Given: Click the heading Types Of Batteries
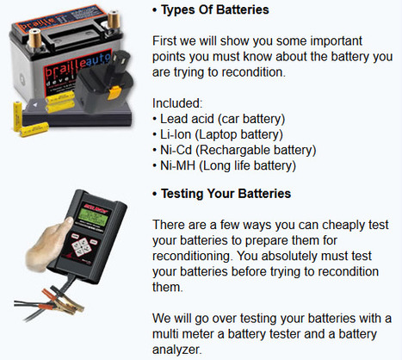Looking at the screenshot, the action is click(215, 9).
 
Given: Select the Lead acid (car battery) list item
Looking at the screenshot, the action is click(222, 119).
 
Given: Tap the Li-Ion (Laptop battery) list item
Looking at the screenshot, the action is click(221, 134).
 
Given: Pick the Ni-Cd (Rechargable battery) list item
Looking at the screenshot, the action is click(238, 150).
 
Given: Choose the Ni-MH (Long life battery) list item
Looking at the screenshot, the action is click(228, 165).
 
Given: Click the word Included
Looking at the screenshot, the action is click(177, 103).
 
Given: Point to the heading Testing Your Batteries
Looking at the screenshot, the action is click(226, 194).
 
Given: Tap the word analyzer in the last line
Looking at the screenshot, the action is click(176, 350).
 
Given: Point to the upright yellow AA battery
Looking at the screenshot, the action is click(17, 116).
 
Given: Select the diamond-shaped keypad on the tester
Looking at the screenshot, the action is click(81, 246).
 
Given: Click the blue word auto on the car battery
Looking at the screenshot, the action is click(98, 60).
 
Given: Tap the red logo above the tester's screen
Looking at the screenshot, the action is click(96, 208).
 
